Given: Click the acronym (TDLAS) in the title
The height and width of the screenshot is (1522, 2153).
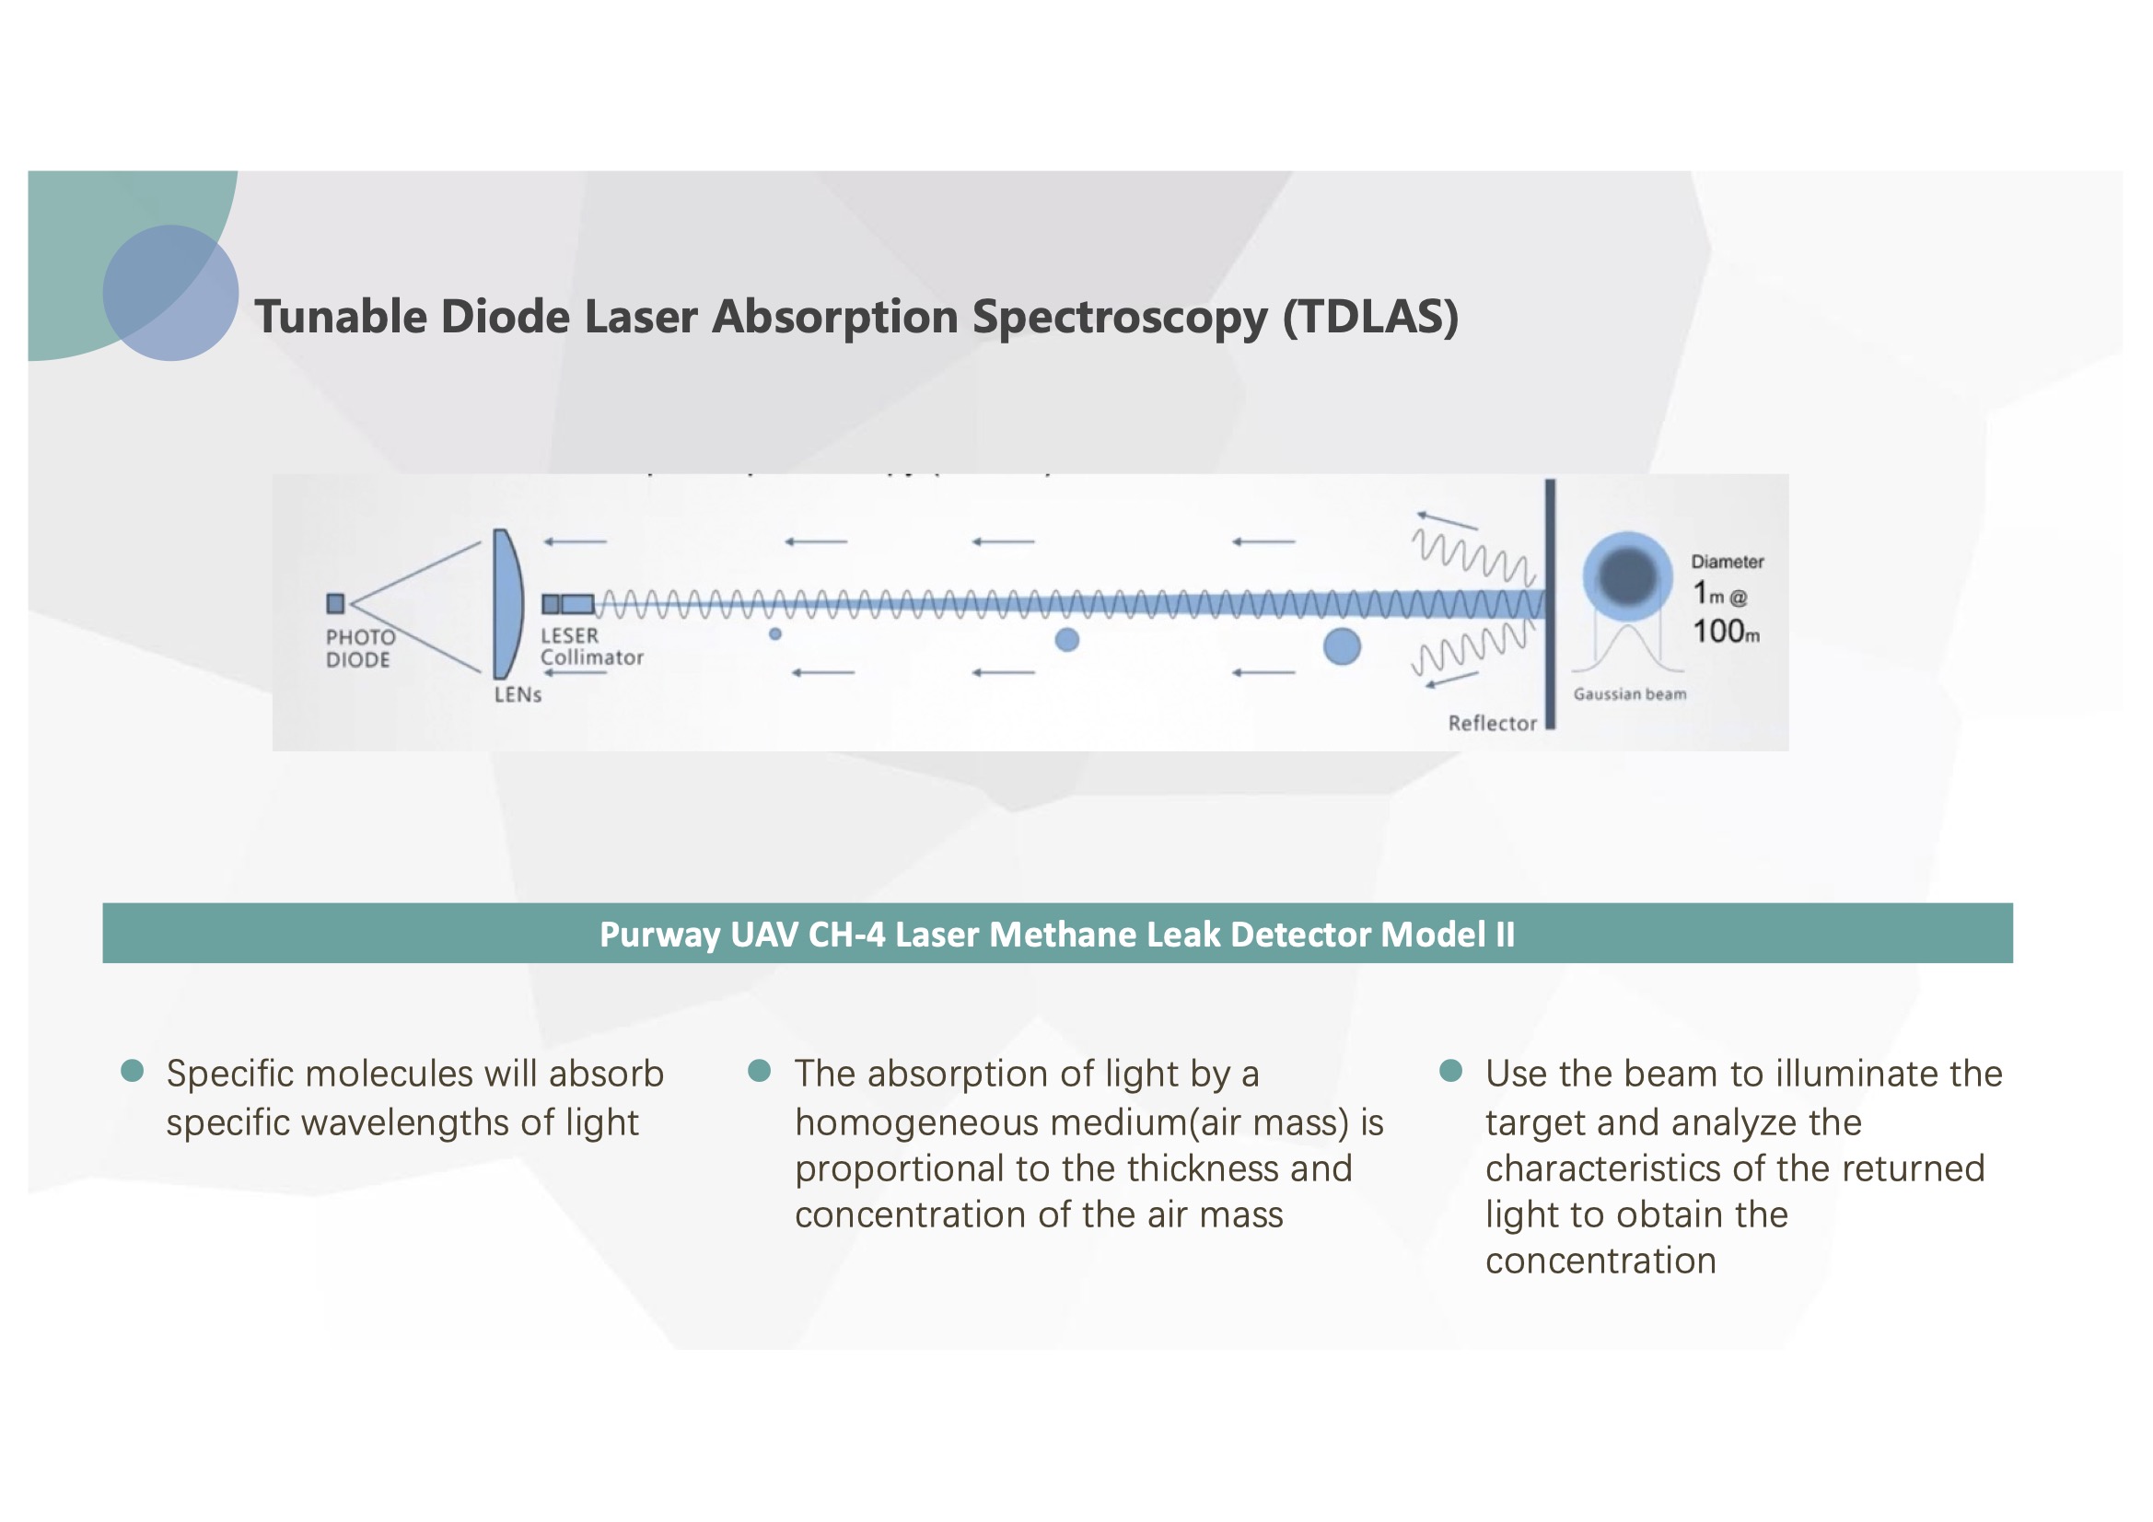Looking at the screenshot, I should [1370, 317].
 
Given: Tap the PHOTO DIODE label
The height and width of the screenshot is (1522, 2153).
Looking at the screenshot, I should [360, 648].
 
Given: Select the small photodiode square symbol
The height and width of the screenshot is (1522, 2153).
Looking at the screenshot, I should [336, 603].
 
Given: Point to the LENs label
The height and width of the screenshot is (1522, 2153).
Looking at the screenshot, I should [518, 695].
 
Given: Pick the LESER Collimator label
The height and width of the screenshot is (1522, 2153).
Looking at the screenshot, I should [591, 647].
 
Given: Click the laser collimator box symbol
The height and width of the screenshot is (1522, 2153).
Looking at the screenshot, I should [568, 604].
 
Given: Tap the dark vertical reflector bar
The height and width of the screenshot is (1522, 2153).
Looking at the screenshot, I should [1550, 604].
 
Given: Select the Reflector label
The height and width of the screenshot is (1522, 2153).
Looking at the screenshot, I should [1492, 723].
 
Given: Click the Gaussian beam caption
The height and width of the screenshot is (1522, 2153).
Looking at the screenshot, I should [1630, 694].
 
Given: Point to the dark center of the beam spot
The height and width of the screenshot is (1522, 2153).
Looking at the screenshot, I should [1628, 575].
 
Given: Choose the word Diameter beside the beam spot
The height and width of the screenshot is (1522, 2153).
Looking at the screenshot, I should [1728, 562].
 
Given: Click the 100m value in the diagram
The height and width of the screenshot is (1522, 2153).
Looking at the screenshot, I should [1726, 631].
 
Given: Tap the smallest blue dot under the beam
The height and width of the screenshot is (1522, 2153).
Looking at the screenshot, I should [775, 633].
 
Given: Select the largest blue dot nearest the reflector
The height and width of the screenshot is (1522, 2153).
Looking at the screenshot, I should [1342, 646].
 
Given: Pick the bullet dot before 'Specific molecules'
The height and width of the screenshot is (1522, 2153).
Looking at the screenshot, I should [133, 1070].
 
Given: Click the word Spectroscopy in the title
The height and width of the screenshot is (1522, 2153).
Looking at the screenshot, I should [1120, 317].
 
